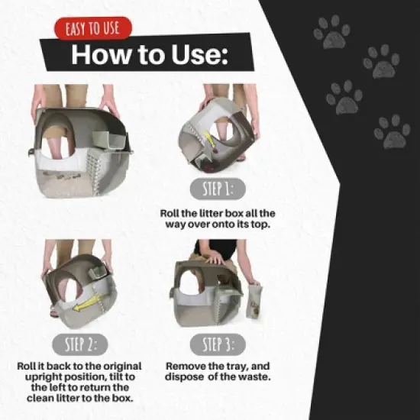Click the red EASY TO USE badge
(93, 30)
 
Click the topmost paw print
(333, 31)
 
